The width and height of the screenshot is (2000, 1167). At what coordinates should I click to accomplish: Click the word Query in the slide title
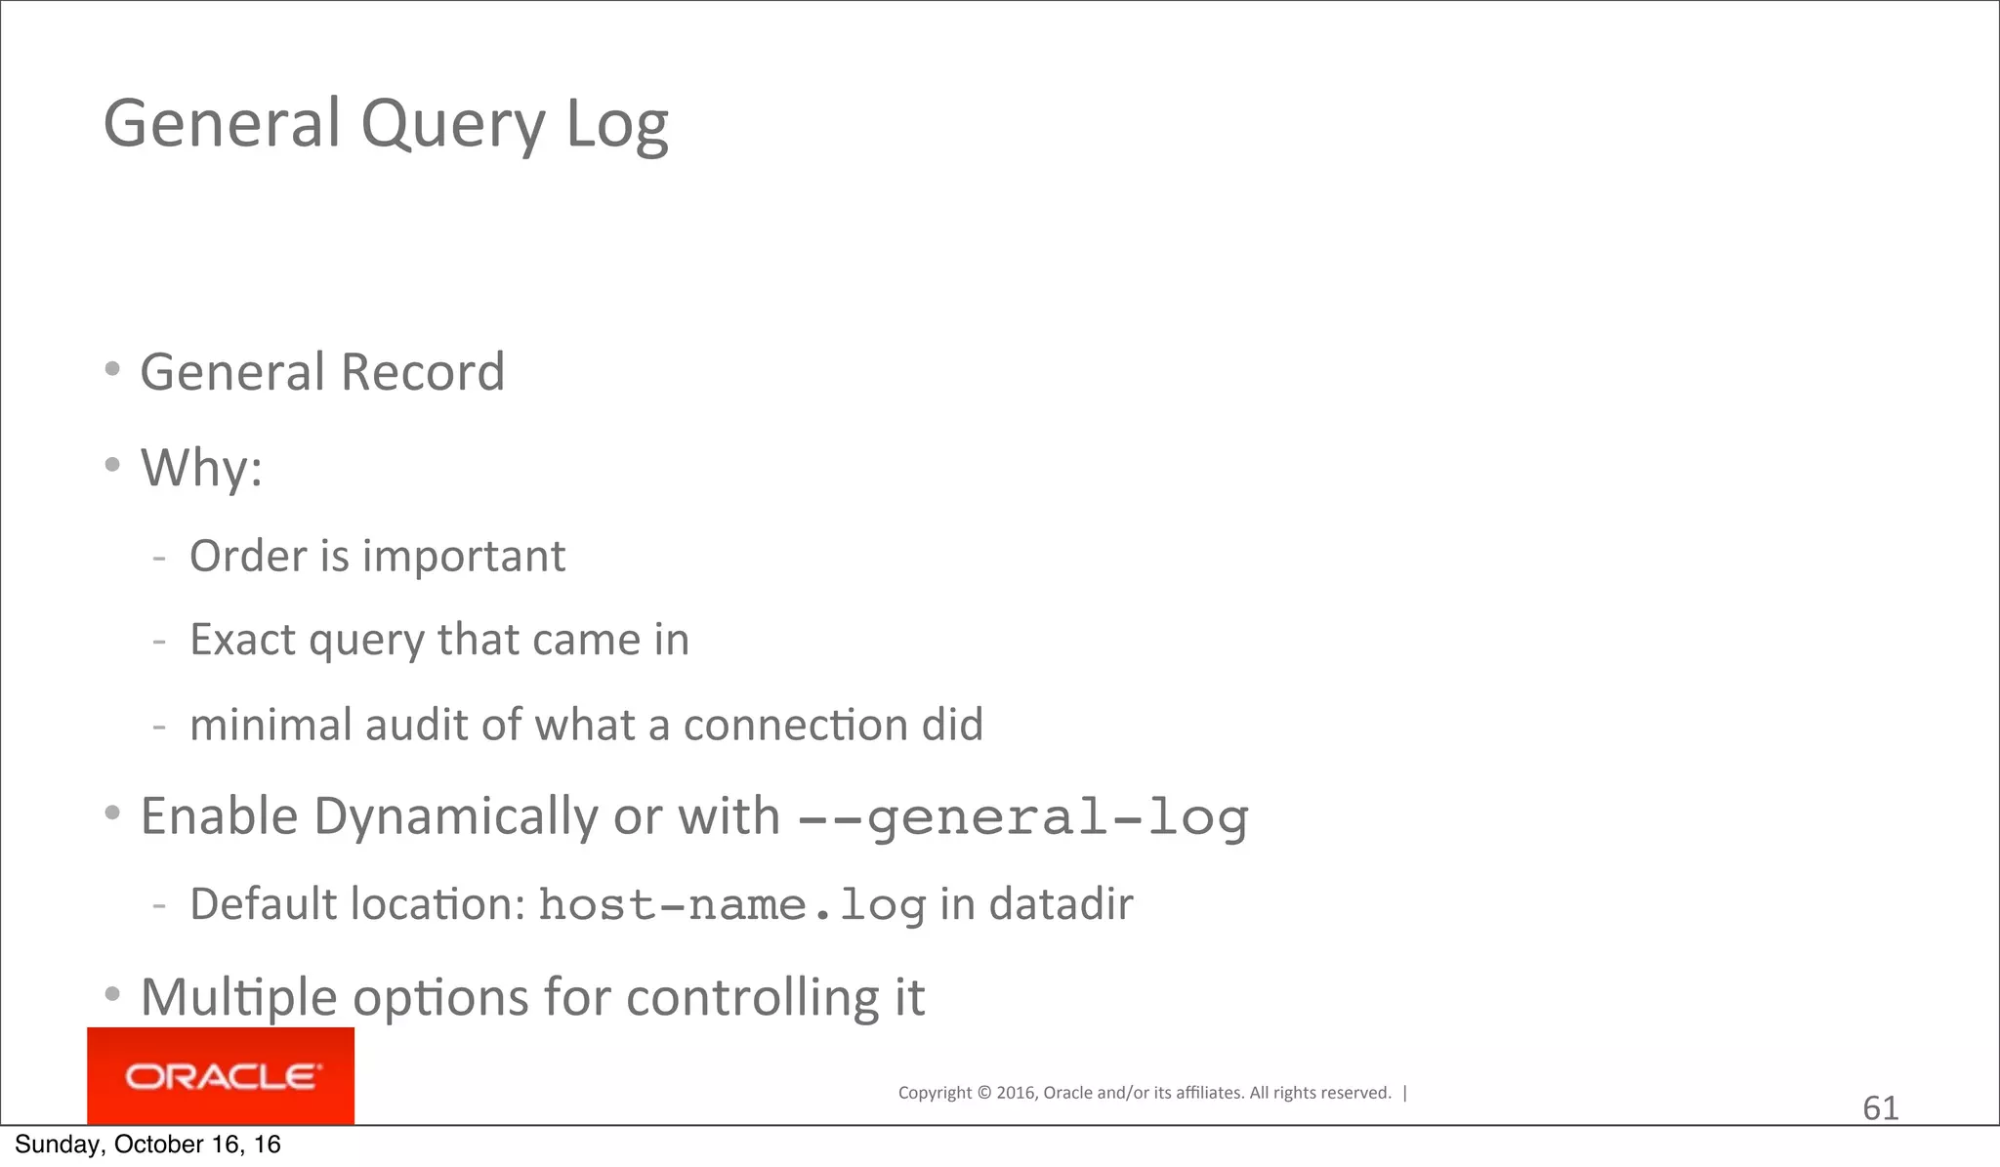(x=452, y=125)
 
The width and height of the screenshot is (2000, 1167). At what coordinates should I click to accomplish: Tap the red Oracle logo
(x=221, y=1076)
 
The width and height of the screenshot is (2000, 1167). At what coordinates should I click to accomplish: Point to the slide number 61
(x=1880, y=1108)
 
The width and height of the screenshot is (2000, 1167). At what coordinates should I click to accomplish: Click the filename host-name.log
(x=731, y=904)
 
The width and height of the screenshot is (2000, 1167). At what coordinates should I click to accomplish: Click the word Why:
(x=202, y=468)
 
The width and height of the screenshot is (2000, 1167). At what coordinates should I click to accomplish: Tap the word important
(x=464, y=557)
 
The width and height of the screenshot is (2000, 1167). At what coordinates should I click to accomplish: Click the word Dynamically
(x=455, y=816)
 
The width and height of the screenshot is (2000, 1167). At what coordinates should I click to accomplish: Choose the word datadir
(x=1061, y=904)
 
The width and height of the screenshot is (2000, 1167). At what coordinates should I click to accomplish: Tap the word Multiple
(x=239, y=997)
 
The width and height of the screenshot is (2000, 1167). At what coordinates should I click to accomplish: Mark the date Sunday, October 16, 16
(x=147, y=1145)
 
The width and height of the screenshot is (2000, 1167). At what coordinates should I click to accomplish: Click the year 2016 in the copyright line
(x=1016, y=1093)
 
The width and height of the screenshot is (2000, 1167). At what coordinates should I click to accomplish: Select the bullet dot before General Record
(x=112, y=369)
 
